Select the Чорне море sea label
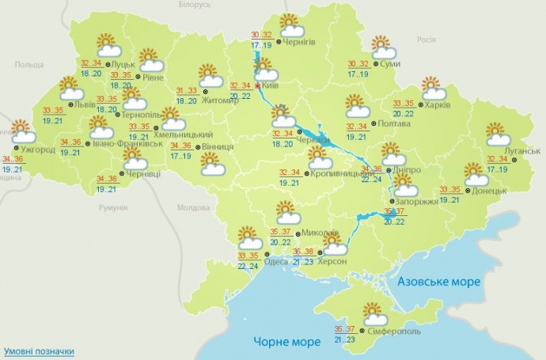[x=287, y=341]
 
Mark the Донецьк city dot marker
[x=468, y=190]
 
